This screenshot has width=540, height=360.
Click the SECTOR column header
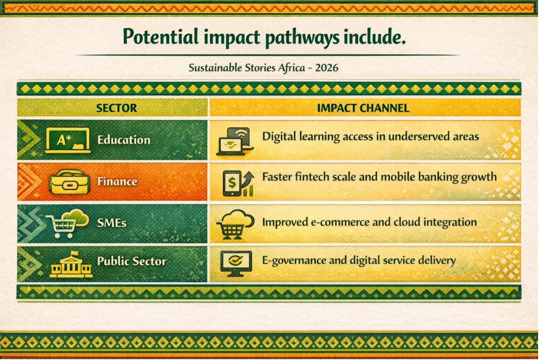point(116,108)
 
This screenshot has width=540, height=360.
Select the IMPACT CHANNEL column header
point(363,108)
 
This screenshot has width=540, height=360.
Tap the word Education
point(124,140)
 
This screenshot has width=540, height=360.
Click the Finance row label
point(117,181)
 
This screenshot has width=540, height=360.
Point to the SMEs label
point(112,223)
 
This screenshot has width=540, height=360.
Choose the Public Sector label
point(131,261)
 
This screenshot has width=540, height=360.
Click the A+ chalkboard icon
point(68,141)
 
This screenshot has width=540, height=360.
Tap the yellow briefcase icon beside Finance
point(69,182)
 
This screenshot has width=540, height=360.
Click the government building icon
point(71,264)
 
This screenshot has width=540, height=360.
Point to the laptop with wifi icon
point(235,141)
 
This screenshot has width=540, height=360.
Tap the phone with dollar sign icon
point(238,183)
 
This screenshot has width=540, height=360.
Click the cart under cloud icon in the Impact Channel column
point(235,224)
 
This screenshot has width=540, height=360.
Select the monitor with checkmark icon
point(236,264)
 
